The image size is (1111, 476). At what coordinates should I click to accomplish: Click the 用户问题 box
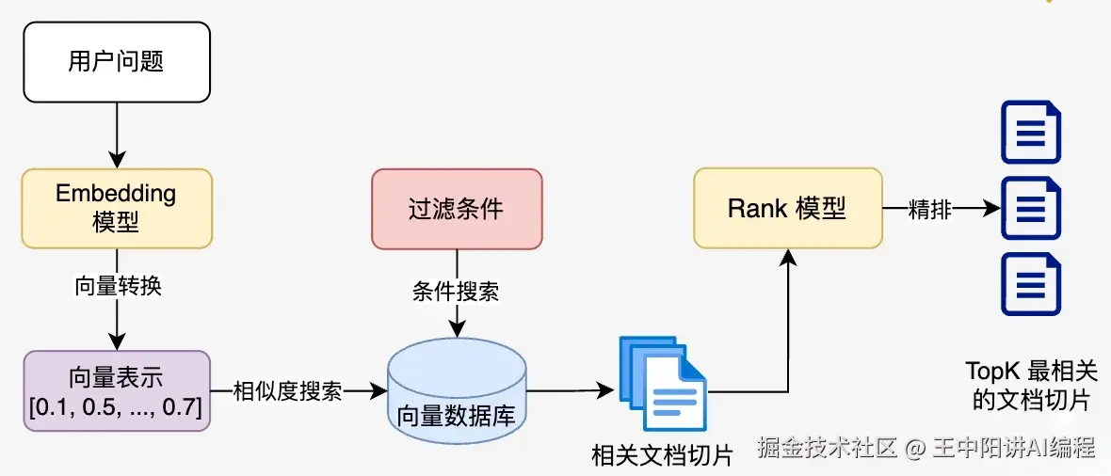tap(117, 62)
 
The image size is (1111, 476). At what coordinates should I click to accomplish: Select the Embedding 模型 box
tap(117, 208)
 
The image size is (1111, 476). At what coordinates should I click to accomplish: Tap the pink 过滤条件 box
tap(457, 209)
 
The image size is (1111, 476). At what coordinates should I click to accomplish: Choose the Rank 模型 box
tap(788, 208)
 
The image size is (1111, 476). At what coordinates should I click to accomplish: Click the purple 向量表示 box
tap(117, 391)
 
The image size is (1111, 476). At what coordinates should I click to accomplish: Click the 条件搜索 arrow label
tap(457, 292)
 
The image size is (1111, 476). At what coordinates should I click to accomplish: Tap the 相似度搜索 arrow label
tap(288, 391)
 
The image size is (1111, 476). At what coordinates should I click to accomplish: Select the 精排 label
tap(929, 209)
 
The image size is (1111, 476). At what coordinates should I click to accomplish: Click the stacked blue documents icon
tap(663, 383)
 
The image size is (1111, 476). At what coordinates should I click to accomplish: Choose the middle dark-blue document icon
tap(1031, 209)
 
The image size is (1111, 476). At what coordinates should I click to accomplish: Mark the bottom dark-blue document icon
tap(1031, 285)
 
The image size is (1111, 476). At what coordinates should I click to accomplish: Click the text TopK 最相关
tap(1031, 371)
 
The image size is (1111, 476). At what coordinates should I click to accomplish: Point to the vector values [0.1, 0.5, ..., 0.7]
tap(117, 408)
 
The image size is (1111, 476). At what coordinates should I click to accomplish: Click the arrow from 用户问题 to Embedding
tap(117, 135)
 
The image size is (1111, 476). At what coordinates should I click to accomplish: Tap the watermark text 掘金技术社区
tap(828, 448)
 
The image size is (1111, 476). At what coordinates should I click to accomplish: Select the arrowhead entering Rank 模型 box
tap(788, 257)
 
